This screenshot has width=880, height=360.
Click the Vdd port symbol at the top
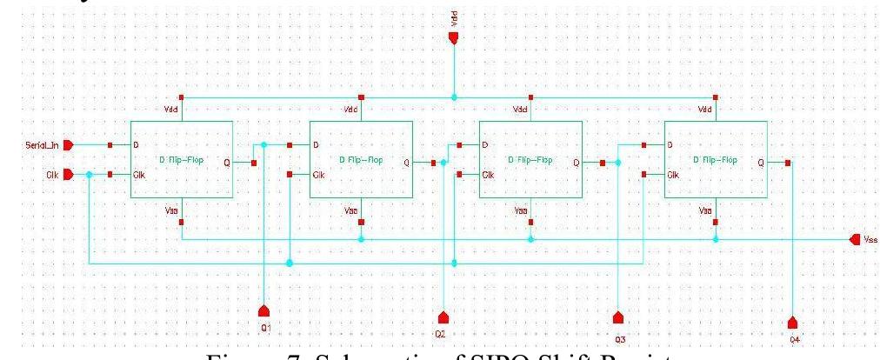point(453,37)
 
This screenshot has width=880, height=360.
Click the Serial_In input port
point(69,144)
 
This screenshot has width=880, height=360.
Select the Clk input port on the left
point(69,175)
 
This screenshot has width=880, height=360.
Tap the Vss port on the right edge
point(853,239)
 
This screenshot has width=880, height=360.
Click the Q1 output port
point(265,310)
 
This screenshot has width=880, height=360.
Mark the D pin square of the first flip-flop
point(110,144)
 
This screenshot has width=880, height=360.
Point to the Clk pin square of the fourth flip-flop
point(643,175)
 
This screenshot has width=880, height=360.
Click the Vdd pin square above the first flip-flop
point(181,97)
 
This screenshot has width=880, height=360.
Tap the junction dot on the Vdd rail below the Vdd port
point(453,97)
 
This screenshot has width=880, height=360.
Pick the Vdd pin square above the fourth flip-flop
point(714,97)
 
